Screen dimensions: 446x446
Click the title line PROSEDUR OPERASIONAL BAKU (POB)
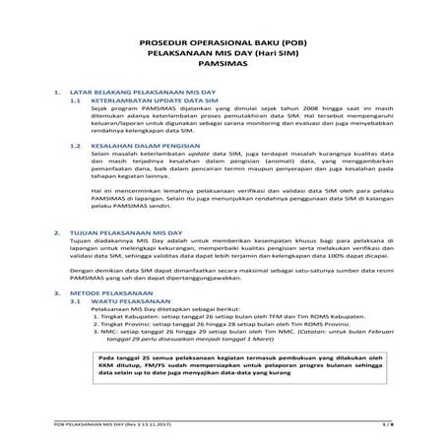click(x=223, y=44)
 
